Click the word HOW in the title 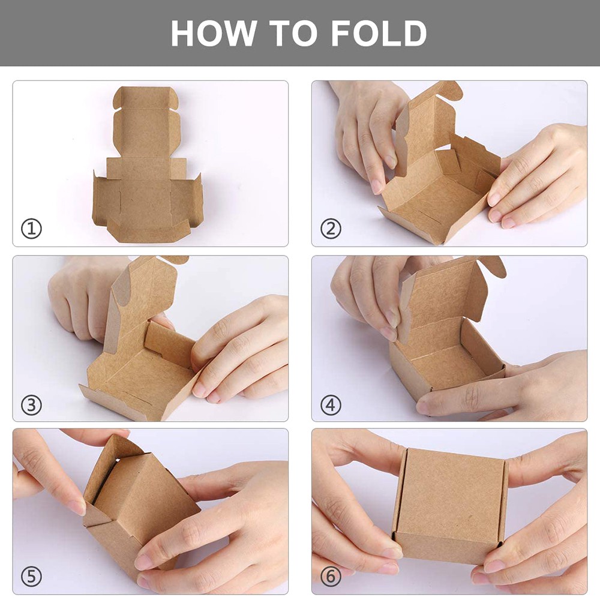(x=208, y=34)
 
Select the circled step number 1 (x=31, y=229)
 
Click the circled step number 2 (x=331, y=229)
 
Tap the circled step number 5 (x=31, y=577)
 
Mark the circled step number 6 (x=331, y=577)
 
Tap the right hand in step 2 (x=540, y=174)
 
